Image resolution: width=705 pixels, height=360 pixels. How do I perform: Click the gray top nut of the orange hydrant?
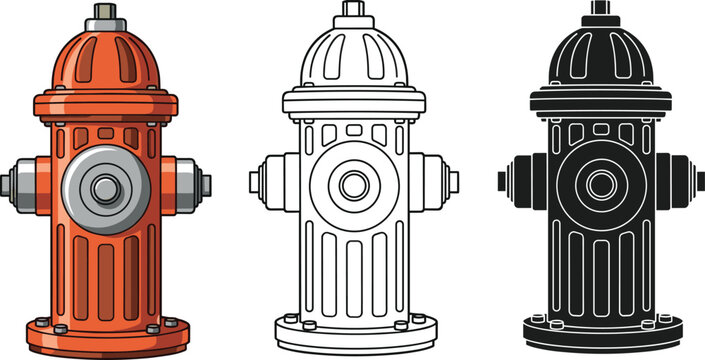(x=104, y=13)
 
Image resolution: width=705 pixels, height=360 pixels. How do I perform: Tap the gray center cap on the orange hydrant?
(x=104, y=185)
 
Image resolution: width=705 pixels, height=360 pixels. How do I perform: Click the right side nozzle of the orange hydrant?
(x=190, y=184)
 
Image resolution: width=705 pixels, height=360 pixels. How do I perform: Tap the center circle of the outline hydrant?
(x=353, y=184)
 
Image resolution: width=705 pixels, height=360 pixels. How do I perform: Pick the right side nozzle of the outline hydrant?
(x=438, y=182)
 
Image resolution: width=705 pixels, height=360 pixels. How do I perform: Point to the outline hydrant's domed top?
(x=353, y=55)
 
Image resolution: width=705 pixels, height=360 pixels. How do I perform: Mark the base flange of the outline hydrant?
(x=353, y=333)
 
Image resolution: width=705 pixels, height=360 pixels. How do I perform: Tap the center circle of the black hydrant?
(x=601, y=184)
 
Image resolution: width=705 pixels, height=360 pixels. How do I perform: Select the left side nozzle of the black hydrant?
(x=516, y=182)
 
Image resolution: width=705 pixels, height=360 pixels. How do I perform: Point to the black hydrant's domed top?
(x=600, y=55)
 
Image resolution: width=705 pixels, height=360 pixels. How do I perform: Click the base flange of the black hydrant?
(x=601, y=333)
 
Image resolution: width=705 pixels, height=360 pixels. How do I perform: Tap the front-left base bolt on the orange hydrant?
(x=41, y=324)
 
